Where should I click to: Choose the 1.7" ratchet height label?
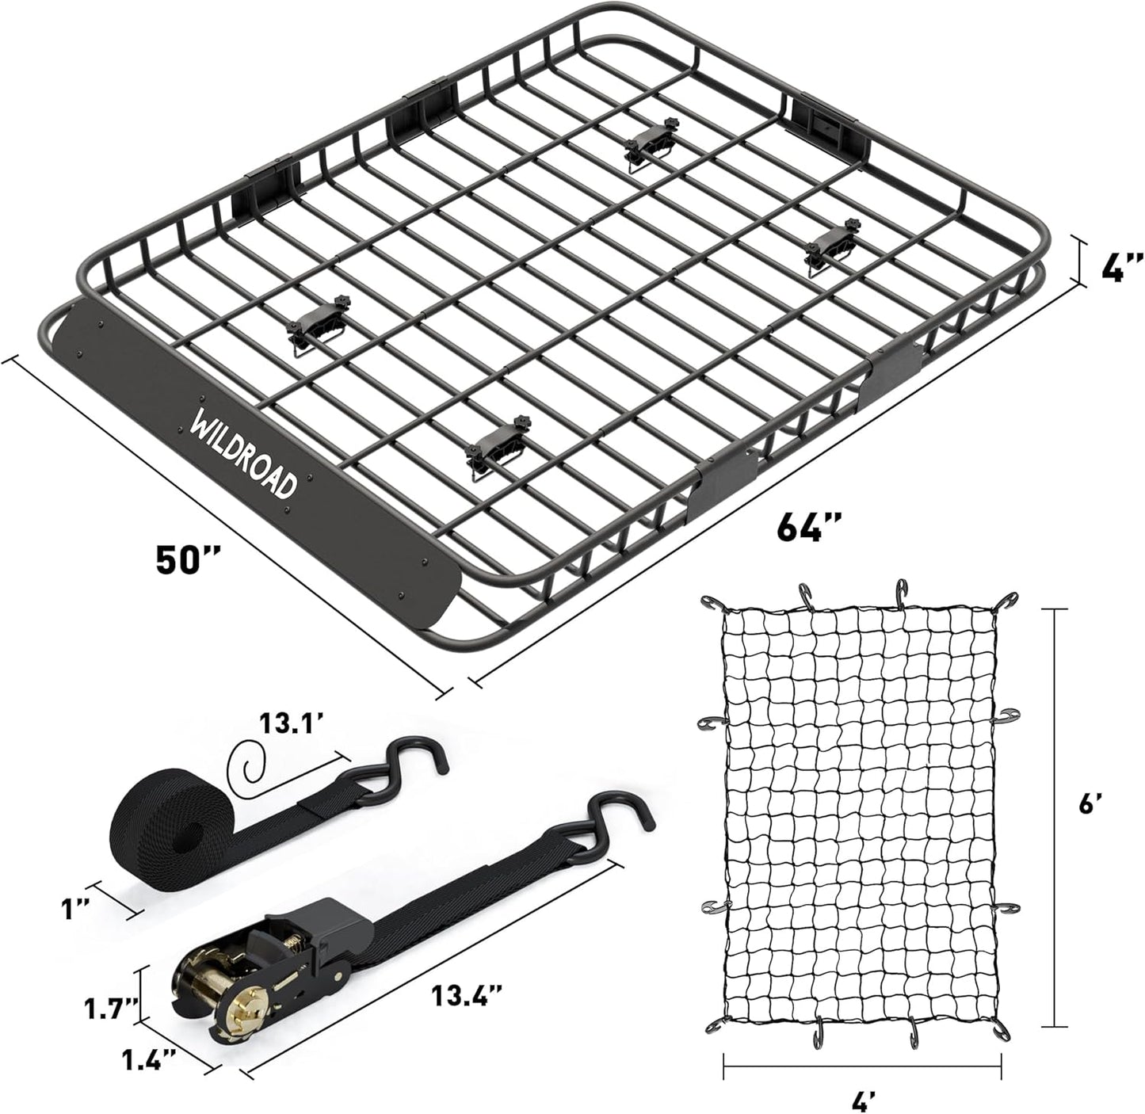click(111, 1009)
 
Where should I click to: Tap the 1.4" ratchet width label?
click(147, 1058)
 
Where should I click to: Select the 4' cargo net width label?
click(864, 1099)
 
